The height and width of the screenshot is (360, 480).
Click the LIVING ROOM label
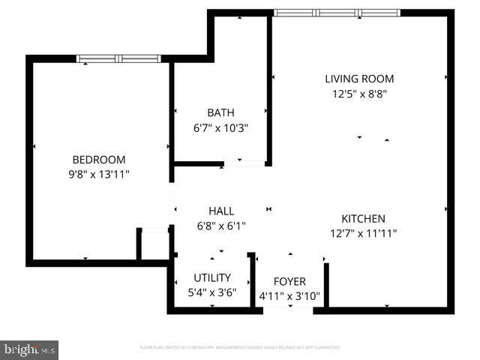(359, 79)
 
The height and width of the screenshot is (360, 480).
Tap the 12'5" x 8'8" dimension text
(359, 94)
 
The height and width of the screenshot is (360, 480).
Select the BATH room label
(220, 113)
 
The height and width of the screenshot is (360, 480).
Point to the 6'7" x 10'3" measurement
(220, 128)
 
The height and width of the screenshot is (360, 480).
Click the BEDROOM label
(98, 160)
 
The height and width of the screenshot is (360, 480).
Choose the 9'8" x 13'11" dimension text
(98, 174)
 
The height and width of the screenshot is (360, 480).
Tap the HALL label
(221, 211)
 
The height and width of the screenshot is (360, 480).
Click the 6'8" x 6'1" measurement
(221, 225)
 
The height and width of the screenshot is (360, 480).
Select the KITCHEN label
(363, 218)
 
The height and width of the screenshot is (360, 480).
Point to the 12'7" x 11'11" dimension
(363, 233)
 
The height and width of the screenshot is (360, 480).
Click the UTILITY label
(212, 277)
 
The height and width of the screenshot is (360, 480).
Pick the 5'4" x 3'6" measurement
(212, 292)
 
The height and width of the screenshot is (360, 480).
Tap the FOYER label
(289, 281)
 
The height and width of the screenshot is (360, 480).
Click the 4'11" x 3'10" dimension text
(289, 296)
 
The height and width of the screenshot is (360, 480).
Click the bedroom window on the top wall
(119, 58)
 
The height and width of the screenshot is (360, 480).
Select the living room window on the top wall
(337, 13)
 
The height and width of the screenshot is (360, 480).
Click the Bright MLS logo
(30, 349)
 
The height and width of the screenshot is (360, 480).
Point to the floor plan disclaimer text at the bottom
(240, 347)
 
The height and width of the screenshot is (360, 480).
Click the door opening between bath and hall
(244, 163)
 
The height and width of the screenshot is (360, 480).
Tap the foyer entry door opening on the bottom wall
(289, 310)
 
